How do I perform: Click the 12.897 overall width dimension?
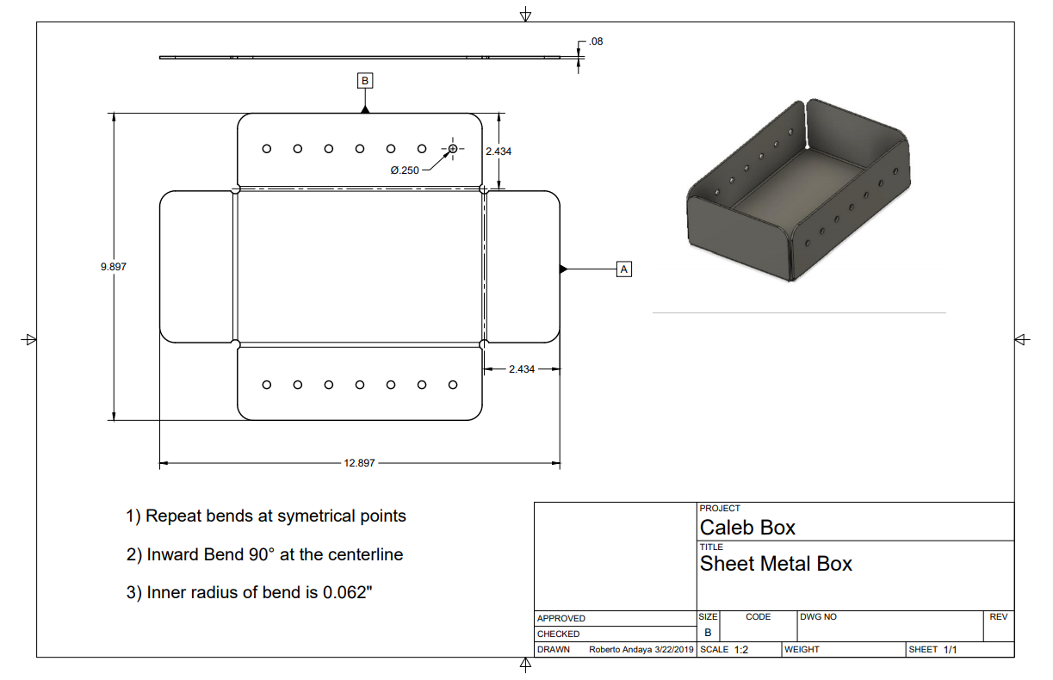[x=359, y=463]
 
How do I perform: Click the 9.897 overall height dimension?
[x=114, y=267]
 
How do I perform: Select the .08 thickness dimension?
[x=596, y=41]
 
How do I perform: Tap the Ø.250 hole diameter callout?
[x=405, y=170]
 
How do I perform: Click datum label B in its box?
[x=365, y=81]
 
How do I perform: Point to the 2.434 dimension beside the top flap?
[x=499, y=151]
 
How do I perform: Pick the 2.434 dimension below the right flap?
[x=521, y=368]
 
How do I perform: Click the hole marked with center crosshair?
[x=453, y=148]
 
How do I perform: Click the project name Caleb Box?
[x=747, y=528]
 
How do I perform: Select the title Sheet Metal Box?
[x=776, y=565]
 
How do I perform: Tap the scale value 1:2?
[x=741, y=650]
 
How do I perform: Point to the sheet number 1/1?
[x=950, y=650]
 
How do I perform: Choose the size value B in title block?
[x=708, y=633]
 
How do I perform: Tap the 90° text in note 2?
[x=259, y=555]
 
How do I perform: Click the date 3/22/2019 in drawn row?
[x=673, y=650]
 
